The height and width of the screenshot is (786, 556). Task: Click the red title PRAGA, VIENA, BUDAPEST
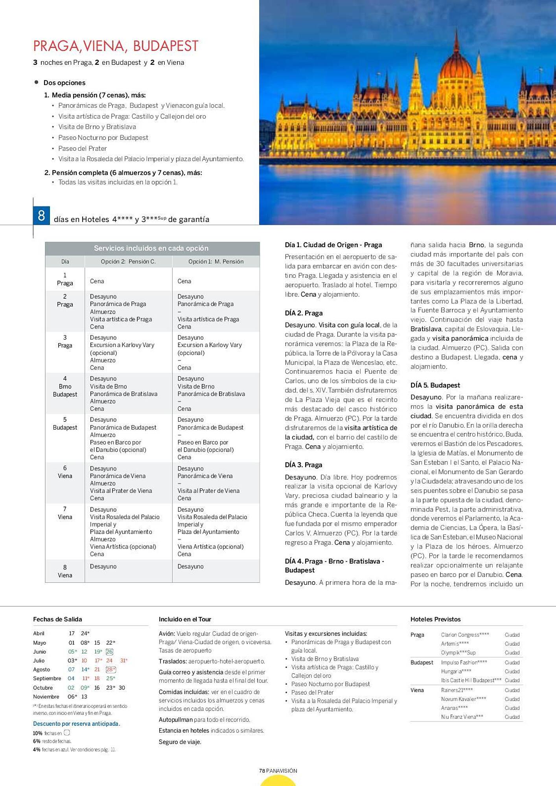click(116, 46)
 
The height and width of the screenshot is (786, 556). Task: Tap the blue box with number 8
click(41, 215)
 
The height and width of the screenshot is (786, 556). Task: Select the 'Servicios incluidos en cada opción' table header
click(151, 248)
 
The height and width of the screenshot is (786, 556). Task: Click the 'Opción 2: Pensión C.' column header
click(128, 262)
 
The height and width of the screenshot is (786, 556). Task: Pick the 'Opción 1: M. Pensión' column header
click(216, 262)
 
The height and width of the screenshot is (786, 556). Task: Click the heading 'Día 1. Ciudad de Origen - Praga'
click(333, 245)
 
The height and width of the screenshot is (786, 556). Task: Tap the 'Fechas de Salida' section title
click(57, 619)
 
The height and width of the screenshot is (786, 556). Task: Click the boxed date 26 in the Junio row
click(109, 652)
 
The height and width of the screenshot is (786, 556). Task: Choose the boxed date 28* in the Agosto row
click(110, 669)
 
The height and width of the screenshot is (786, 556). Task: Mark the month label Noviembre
click(46, 696)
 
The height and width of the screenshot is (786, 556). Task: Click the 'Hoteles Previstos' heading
click(435, 619)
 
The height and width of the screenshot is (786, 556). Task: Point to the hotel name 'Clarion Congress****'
click(465, 635)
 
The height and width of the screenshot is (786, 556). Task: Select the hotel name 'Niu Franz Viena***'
click(462, 716)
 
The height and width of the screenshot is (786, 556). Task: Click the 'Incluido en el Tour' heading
click(185, 619)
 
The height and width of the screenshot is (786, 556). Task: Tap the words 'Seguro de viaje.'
click(180, 742)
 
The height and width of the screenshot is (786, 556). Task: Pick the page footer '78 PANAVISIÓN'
click(278, 771)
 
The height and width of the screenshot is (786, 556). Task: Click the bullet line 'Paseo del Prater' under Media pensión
click(83, 149)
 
